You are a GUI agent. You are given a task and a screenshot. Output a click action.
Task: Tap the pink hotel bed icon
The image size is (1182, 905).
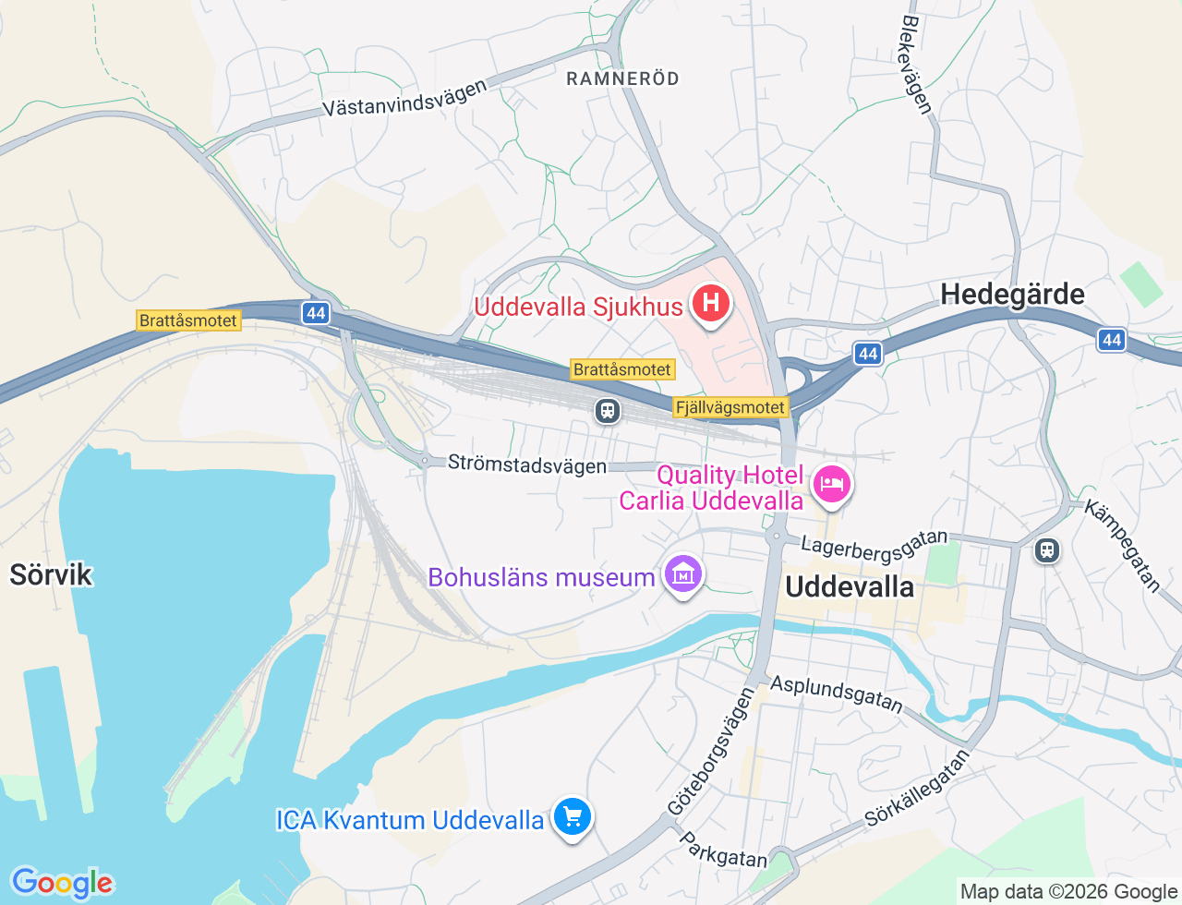point(831,484)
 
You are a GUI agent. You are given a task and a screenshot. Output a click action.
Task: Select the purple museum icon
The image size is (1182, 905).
point(683,574)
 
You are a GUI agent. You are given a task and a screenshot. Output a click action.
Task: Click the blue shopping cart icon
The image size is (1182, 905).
point(573,817)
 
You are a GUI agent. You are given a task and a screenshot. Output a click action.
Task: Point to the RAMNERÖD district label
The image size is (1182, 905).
point(622,78)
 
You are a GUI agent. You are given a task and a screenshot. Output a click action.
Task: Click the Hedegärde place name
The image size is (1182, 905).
point(1012,295)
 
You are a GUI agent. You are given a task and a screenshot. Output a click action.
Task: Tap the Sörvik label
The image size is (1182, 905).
point(51,574)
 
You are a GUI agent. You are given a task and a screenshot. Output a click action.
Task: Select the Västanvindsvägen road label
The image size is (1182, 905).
point(404,98)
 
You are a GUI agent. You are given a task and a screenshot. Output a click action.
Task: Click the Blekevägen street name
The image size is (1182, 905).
point(916,64)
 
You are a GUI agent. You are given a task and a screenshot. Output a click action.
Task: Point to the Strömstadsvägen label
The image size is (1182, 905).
point(527,464)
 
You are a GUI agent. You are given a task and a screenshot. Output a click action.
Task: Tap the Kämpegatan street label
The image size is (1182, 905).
point(1122,545)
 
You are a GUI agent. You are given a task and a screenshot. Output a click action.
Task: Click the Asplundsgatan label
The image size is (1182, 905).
point(837,694)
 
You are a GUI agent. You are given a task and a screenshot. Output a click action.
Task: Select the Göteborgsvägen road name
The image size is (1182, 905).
point(711,752)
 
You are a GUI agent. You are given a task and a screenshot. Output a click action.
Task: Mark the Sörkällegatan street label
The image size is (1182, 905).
point(917,788)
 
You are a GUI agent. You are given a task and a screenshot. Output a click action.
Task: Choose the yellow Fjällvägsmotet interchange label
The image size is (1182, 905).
point(730,407)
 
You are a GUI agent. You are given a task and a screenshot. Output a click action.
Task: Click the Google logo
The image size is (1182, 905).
point(62,883)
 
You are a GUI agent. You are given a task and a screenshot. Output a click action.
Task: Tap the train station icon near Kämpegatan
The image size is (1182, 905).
point(1046,550)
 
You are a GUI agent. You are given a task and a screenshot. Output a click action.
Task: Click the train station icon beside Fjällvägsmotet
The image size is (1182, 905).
point(608,409)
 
